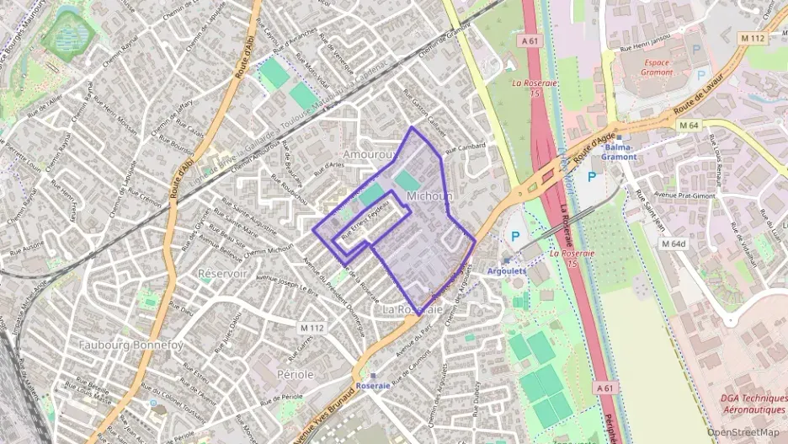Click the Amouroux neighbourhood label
tap(370, 155)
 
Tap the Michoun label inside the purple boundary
tap(429, 195)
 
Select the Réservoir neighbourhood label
tap(222, 273)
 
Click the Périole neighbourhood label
tap(295, 373)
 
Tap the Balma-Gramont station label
tap(619, 152)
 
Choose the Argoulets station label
tap(506, 271)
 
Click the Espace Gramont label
tap(658, 67)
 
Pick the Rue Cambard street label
tap(466, 147)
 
